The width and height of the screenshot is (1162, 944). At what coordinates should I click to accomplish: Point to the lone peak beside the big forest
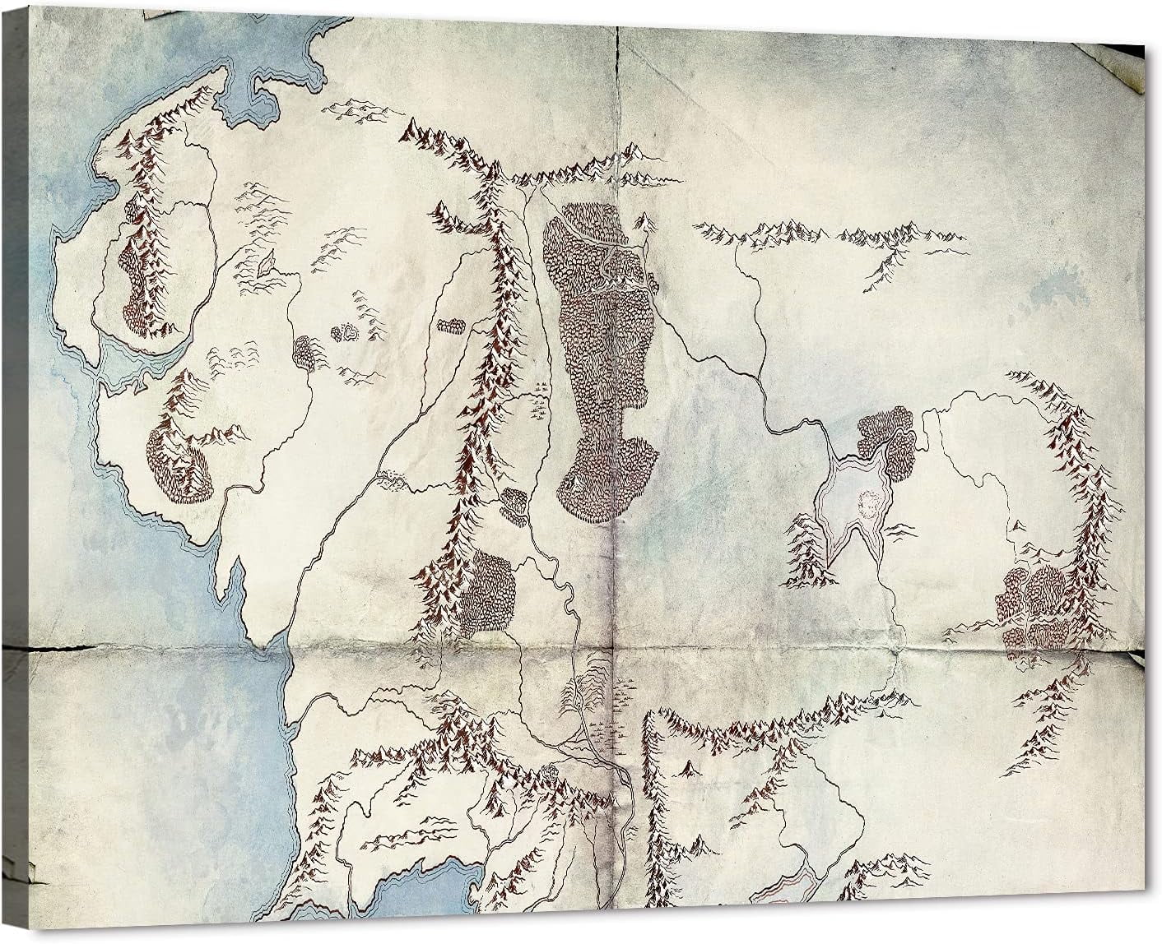[648, 220]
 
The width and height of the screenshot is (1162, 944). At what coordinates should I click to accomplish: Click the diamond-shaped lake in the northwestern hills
[267, 263]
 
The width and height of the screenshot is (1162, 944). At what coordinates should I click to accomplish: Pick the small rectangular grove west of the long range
[451, 326]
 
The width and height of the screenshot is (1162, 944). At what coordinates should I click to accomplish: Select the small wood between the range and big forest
[515, 504]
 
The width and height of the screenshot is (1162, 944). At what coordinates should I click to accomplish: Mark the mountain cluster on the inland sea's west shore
[806, 551]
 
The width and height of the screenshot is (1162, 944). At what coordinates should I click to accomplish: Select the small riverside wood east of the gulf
[306, 352]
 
